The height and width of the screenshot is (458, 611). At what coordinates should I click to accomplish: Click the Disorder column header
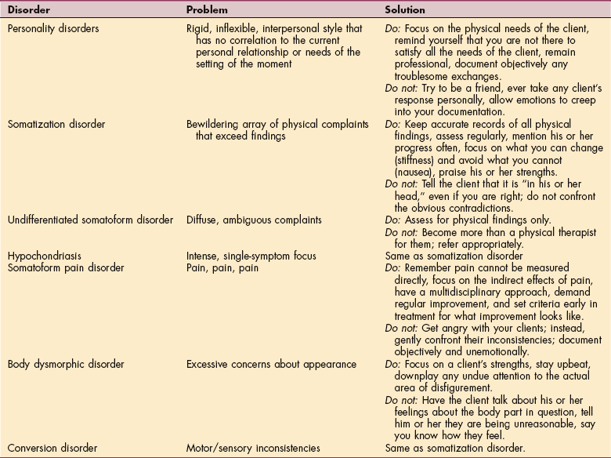[29, 11]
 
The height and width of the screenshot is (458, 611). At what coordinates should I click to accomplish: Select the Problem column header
[207, 11]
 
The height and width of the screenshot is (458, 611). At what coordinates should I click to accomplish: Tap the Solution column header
[405, 11]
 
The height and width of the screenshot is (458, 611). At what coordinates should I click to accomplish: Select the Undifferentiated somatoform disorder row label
[90, 220]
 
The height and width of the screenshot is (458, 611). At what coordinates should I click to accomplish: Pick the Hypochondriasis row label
[44, 256]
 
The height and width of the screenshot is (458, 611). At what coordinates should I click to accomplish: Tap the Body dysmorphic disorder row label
[61, 363]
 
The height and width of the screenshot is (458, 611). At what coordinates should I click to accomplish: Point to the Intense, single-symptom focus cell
[244, 256]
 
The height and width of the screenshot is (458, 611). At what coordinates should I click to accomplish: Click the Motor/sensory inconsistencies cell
[253, 448]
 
